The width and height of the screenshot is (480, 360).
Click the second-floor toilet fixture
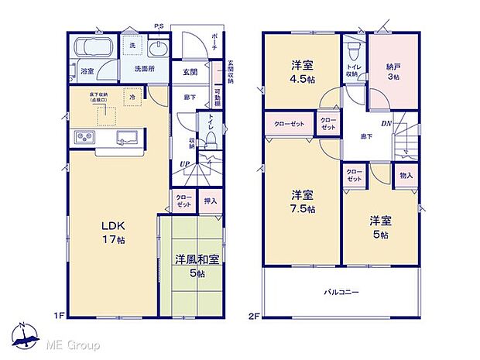(353, 53)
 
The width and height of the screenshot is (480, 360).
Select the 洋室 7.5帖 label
(303, 201)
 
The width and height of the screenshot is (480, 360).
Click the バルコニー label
(341, 293)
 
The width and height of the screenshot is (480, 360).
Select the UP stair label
(184, 165)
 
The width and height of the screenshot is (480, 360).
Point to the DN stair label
(386, 123)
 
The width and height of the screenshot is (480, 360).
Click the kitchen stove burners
(83, 139)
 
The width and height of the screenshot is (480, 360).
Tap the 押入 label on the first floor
(210, 201)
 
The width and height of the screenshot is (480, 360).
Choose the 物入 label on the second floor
(406, 176)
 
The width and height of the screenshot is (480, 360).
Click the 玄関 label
(190, 71)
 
